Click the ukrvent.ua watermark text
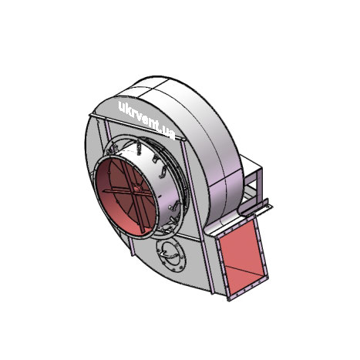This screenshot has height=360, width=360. [x=146, y=120]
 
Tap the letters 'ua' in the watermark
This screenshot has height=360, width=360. [x=169, y=133]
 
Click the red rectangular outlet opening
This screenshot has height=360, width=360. [x=241, y=257]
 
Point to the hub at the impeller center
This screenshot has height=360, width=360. [x=136, y=189]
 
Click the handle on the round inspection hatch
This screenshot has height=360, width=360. [x=169, y=254]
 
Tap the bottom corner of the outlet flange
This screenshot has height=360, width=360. [x=229, y=299]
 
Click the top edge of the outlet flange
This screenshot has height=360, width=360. [x=235, y=227]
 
